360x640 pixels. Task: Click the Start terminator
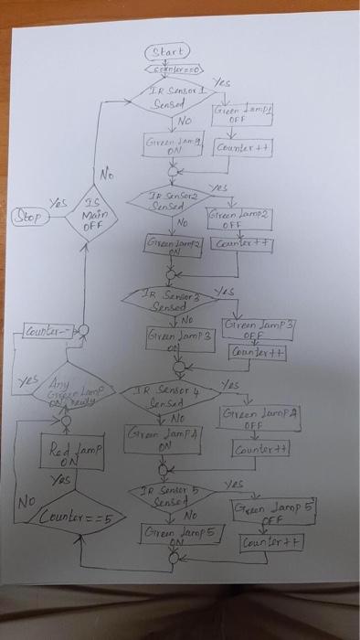[x=166, y=50]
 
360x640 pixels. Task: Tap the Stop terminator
[x=26, y=219]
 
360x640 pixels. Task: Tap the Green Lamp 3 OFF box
[x=255, y=327]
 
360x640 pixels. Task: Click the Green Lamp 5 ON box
[x=179, y=533]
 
